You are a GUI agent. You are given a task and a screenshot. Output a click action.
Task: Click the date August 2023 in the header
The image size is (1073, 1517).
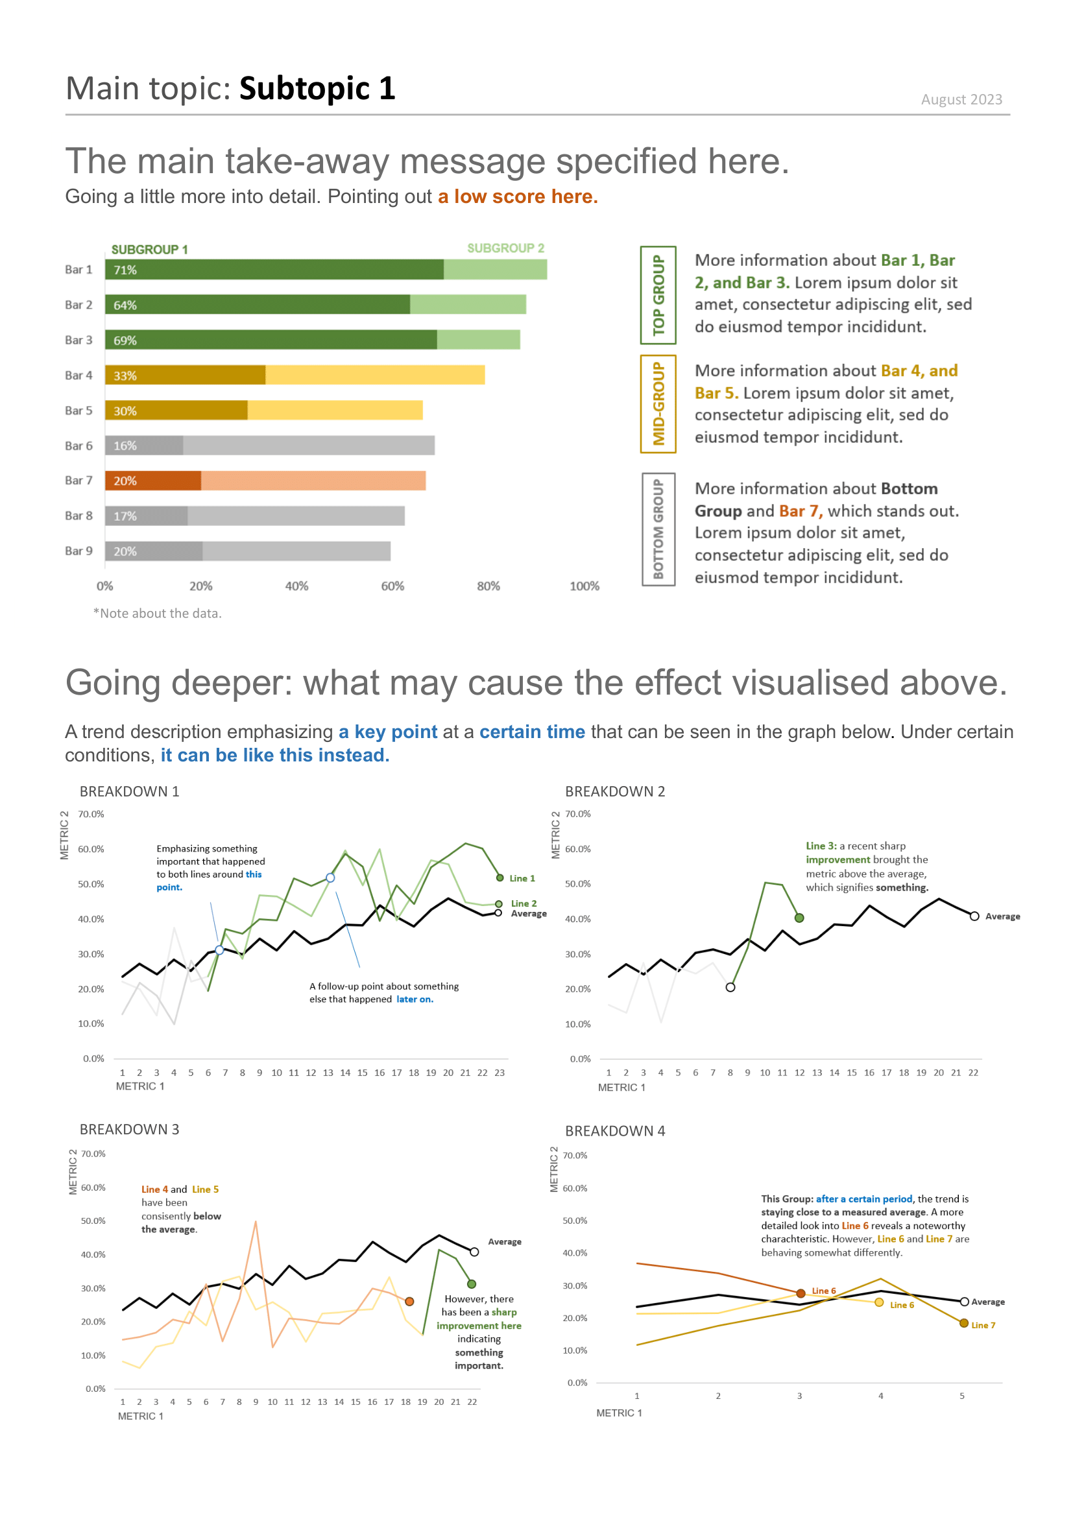coord(961,100)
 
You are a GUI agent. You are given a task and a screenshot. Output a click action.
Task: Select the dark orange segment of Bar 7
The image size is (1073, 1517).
coord(153,481)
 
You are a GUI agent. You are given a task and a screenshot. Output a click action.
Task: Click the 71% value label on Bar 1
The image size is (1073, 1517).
coord(125,270)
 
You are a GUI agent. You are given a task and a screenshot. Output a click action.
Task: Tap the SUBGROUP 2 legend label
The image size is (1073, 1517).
coord(505,248)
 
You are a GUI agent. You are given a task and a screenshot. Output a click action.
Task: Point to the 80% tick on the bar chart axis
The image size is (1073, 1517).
coord(488,586)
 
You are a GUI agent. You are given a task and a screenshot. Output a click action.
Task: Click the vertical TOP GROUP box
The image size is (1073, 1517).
coord(658,295)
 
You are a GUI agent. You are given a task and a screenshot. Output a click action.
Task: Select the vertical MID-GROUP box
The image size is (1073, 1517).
coord(658,403)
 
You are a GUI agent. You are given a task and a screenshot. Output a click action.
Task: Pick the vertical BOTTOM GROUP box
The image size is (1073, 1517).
coord(658,529)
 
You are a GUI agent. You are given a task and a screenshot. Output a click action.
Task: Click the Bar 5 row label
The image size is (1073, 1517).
coord(78,411)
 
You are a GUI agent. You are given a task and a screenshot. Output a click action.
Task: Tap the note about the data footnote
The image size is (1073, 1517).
coord(157,614)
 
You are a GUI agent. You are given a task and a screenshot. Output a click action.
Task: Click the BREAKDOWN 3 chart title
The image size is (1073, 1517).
coord(130,1130)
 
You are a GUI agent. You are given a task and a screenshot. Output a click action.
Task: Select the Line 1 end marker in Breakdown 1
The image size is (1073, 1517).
coord(500,878)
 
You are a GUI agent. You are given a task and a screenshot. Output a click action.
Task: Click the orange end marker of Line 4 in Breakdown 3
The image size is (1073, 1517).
coord(409,1302)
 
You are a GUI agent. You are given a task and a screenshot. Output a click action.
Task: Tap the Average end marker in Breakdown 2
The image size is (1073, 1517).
coord(974,916)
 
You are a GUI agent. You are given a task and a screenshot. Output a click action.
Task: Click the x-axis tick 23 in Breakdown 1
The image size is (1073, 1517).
coord(500,1073)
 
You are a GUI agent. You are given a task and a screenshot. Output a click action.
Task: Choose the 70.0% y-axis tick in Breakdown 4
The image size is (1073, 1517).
coord(575,1156)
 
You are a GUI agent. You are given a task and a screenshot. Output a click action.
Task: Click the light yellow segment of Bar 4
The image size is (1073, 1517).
coord(374,376)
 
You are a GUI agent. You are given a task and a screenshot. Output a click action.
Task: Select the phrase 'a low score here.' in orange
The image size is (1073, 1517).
coord(517,197)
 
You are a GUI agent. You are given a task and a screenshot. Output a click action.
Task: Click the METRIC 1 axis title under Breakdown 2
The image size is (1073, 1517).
coord(621,1088)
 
